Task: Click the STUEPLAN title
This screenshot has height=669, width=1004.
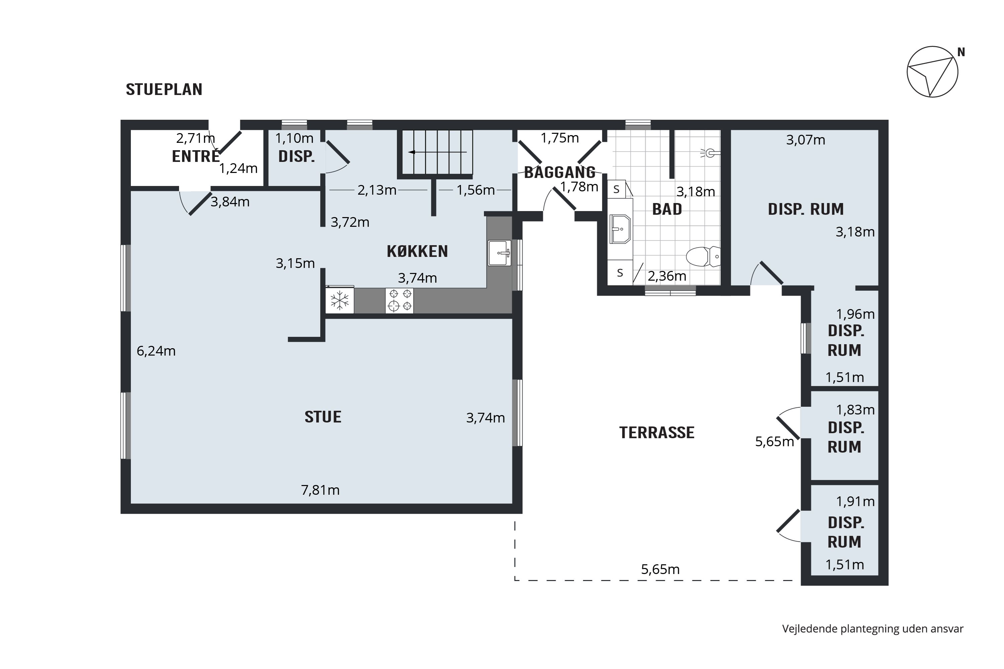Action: (x=164, y=89)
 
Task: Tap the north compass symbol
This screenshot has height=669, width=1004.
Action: (x=932, y=72)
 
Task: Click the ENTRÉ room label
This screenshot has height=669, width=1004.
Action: (x=195, y=156)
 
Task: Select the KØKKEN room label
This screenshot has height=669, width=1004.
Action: (x=417, y=251)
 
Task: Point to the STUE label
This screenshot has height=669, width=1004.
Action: (x=323, y=417)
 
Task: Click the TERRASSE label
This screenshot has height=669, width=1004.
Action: (x=657, y=433)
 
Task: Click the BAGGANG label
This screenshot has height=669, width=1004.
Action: (x=560, y=172)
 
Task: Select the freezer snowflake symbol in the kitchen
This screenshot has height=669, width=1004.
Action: (x=340, y=300)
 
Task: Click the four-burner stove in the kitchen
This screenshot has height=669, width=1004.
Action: (x=400, y=300)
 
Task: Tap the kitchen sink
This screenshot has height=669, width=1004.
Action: (x=499, y=253)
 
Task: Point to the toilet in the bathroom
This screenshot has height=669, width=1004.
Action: (x=703, y=257)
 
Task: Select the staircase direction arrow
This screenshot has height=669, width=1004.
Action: (x=437, y=152)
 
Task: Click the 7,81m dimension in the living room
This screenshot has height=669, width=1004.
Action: (x=320, y=490)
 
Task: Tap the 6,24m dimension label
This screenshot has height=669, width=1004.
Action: (x=156, y=351)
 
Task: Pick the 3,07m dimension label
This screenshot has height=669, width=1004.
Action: (x=806, y=140)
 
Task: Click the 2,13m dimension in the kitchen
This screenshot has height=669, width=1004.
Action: (x=377, y=190)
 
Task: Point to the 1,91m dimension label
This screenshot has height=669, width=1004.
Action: (x=855, y=501)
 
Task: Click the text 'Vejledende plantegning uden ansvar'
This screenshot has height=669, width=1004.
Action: (x=872, y=629)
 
